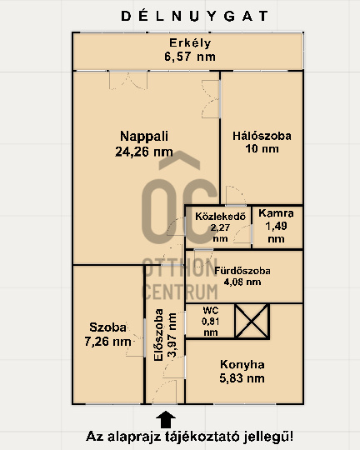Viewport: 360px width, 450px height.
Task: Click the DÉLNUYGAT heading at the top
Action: tap(194, 16)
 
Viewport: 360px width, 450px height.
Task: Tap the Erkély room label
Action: tap(190, 43)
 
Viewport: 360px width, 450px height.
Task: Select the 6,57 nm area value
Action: tap(190, 57)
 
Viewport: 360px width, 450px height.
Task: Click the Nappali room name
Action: tap(144, 137)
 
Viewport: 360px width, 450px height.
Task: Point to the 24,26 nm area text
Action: tap(144, 152)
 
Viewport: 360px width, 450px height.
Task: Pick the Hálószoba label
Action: tap(262, 136)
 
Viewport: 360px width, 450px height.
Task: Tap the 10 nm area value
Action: tap(262, 148)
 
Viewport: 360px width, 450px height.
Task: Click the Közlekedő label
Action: tap(220, 216)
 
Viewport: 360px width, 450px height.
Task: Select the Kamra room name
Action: tap(276, 213)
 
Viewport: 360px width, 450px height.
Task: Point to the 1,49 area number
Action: tap(276, 226)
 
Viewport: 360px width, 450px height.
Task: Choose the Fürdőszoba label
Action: tap(242, 271)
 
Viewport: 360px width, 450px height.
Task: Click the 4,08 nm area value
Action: tap(242, 282)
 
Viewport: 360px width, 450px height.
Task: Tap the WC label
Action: tap(211, 310)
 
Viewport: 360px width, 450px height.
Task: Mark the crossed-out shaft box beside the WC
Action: tap(252, 322)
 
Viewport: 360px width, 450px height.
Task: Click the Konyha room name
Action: tap(242, 364)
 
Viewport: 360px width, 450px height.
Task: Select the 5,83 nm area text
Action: tap(242, 378)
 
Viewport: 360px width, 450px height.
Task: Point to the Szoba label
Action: tap(107, 327)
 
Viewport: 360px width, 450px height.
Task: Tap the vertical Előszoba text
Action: tap(158, 335)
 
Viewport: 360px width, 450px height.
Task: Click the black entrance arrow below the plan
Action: tap(166, 419)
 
